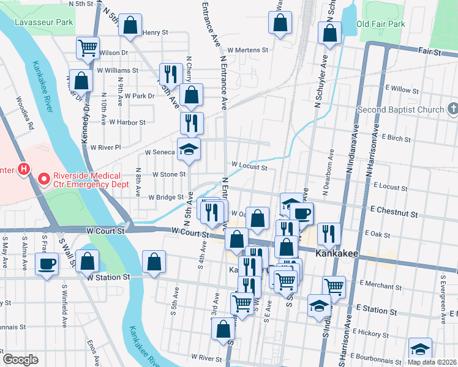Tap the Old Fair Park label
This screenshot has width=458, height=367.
tap(381, 24)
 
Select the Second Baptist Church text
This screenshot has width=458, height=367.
tap(400, 110)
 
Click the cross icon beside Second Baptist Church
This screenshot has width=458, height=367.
tap(452, 110)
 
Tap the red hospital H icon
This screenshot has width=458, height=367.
tap(24, 168)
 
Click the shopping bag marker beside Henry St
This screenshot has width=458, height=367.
tap(130, 26)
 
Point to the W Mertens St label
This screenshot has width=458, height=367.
tap(248, 51)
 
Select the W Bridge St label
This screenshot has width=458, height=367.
tap(166, 197)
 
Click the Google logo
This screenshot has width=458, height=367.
tap(20, 360)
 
